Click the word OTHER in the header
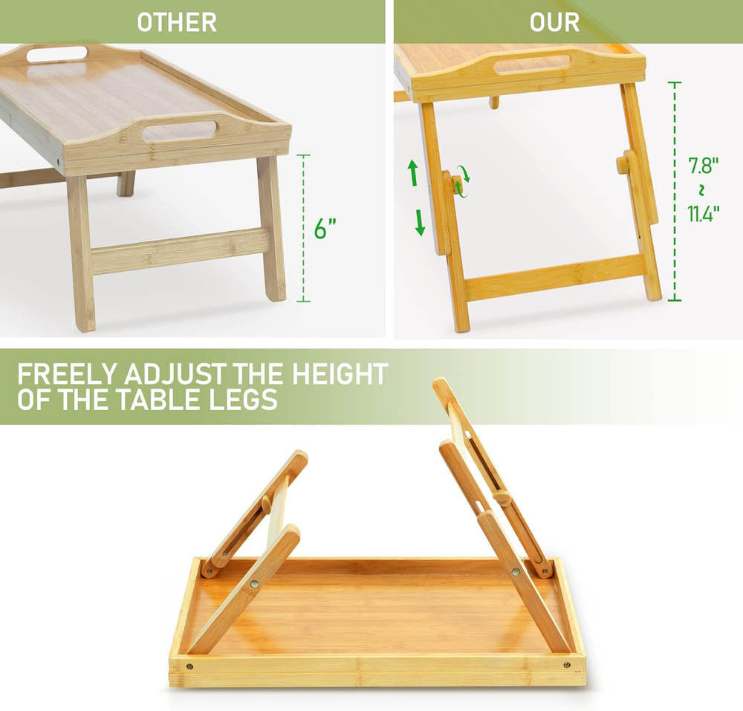[x=177, y=22]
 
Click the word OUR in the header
[x=554, y=22]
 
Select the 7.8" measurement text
[x=703, y=166]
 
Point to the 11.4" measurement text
[x=704, y=214]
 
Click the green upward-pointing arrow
[x=412, y=172]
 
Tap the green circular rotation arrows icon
[x=462, y=181]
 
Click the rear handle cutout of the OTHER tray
[x=57, y=53]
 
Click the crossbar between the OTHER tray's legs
[x=181, y=251]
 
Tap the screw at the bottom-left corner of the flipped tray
[x=189, y=666]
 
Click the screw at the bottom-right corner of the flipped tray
[x=567, y=665]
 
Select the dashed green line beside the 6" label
[x=303, y=228]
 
